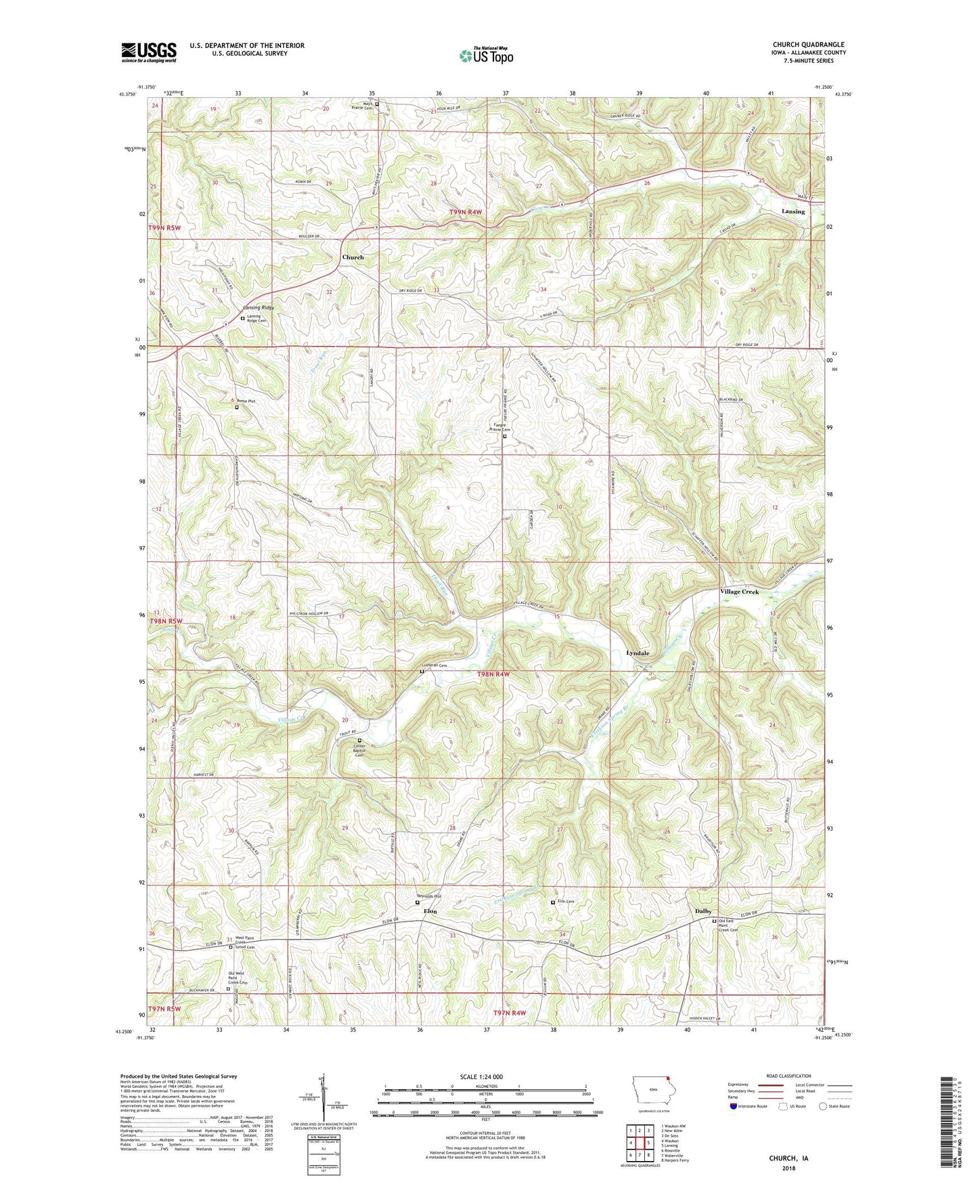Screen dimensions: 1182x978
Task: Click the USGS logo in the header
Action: (149, 52)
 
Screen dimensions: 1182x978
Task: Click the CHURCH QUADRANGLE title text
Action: (808, 45)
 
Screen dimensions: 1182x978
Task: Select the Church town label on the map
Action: (353, 257)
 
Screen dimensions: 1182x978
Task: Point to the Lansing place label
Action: (793, 211)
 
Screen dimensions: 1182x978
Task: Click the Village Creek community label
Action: (738, 592)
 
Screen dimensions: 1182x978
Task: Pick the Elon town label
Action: (430, 911)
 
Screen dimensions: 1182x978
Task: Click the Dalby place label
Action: (703, 911)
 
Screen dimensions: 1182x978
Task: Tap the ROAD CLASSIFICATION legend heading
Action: (788, 1076)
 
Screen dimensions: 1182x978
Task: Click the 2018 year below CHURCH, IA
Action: (788, 1168)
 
